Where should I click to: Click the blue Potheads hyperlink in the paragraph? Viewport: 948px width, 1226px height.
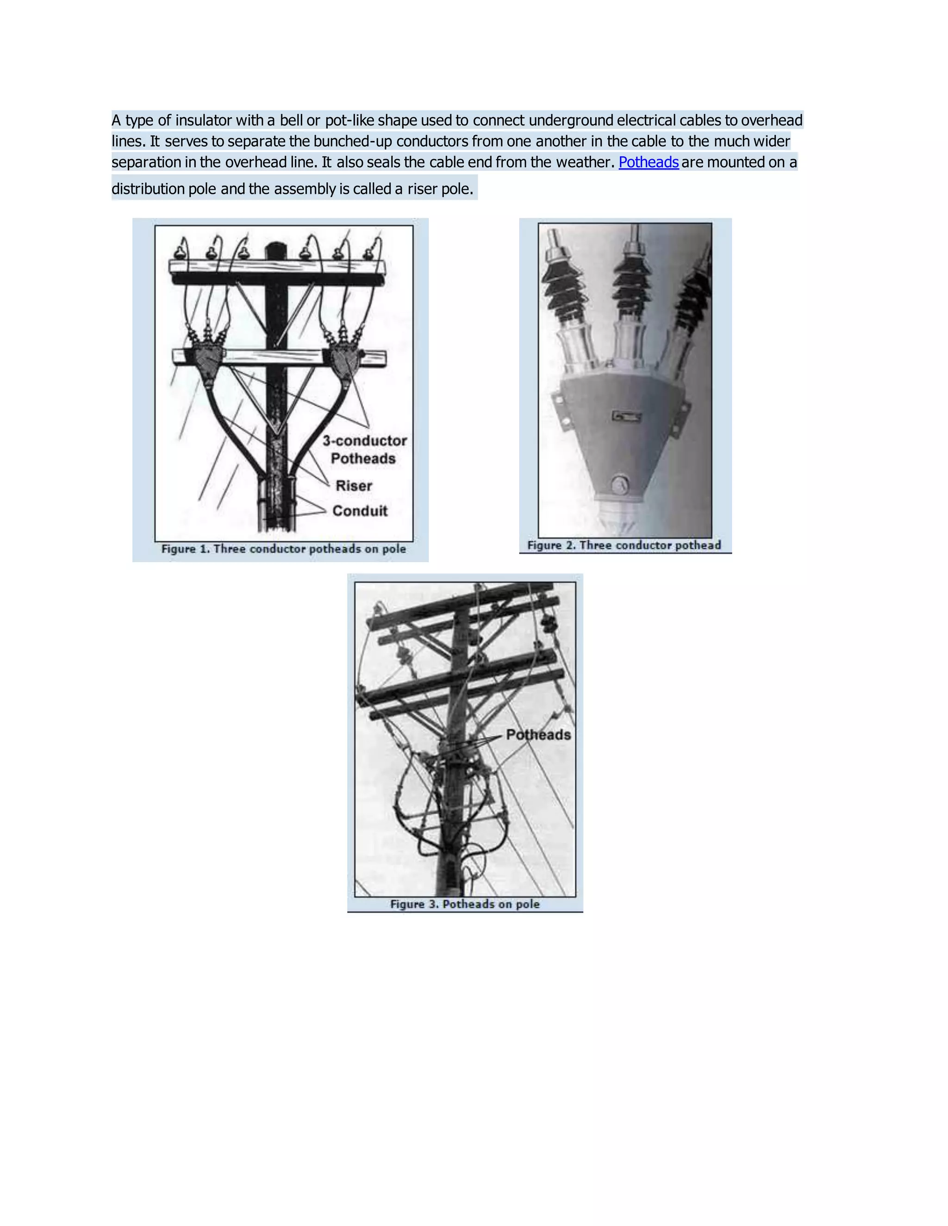pos(648,162)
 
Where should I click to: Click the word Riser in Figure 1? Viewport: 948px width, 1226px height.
pos(354,486)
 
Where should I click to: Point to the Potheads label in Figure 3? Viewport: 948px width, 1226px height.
pos(538,735)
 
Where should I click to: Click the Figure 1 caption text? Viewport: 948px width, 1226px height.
pos(284,549)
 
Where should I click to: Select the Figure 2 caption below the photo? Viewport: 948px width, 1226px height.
pos(624,545)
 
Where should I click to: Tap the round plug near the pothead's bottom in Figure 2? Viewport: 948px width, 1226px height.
pos(619,484)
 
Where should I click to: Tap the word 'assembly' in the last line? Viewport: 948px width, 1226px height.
pos(305,189)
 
